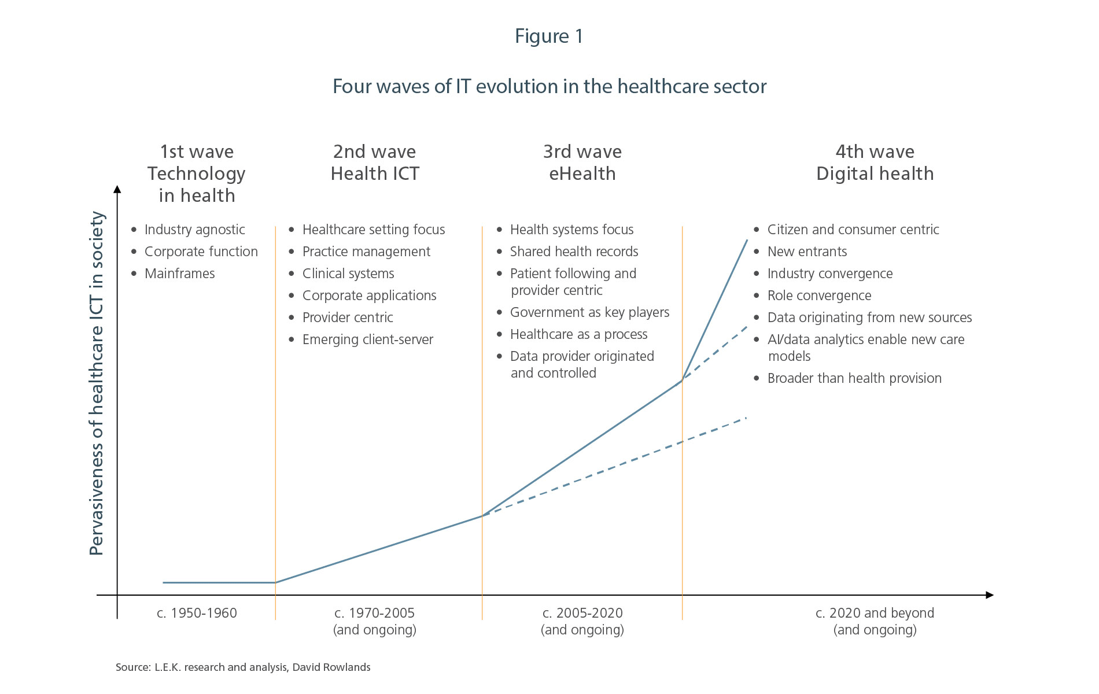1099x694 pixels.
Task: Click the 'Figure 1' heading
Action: tap(549, 36)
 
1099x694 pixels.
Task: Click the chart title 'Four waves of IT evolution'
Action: tap(549, 87)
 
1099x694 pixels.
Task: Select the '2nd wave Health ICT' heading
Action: tap(375, 163)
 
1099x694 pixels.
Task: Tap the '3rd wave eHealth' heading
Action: tap(582, 163)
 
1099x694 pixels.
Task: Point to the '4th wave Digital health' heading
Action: tap(875, 163)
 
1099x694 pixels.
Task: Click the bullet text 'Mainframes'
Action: tap(179, 274)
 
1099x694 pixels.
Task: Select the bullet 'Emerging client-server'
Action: tap(367, 339)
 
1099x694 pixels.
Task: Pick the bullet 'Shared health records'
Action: tap(574, 252)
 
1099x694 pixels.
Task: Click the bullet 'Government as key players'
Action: tap(589, 312)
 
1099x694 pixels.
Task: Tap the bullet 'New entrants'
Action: tap(807, 252)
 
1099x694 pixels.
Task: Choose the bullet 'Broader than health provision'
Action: tap(854, 378)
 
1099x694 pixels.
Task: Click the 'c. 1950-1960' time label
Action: tap(197, 613)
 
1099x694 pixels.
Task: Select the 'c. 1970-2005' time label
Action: tap(375, 613)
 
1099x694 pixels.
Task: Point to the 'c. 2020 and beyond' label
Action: tap(875, 613)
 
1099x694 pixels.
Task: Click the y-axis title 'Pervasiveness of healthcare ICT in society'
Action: tap(97, 383)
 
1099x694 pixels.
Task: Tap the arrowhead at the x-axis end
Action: tap(989, 595)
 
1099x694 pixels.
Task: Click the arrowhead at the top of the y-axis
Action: tap(117, 190)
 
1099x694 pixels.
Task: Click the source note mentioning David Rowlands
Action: tap(243, 667)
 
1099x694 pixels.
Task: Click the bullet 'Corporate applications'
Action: tap(369, 296)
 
